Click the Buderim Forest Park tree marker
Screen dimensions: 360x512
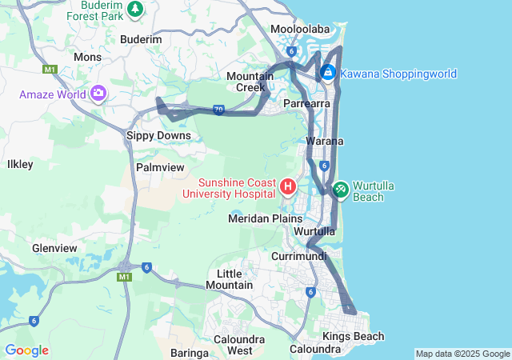(135, 9)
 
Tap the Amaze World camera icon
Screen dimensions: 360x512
(98, 94)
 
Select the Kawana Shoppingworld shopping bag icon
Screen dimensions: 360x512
(327, 73)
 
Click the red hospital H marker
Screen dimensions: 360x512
(288, 187)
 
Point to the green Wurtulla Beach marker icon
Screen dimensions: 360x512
(340, 189)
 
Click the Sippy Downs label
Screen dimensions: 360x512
(159, 135)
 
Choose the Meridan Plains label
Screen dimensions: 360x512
(266, 218)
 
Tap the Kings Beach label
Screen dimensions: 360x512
(353, 336)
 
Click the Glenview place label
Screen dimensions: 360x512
(54, 248)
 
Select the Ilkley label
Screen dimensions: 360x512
(20, 164)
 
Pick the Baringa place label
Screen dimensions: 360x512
(190, 352)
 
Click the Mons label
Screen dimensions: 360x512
(87, 57)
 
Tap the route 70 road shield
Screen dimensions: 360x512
(218, 110)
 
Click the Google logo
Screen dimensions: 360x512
(26, 350)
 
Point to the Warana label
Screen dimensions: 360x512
(325, 141)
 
